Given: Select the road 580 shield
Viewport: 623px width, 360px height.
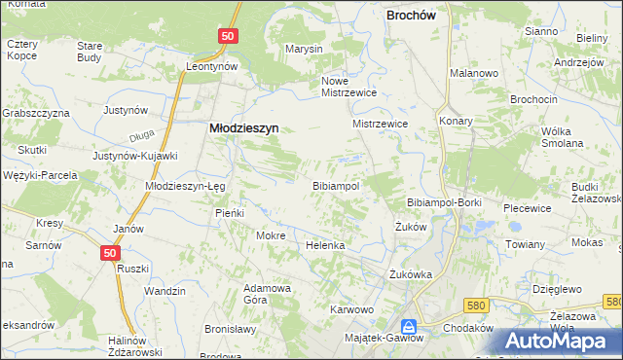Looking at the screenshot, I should pyautogui.click(x=475, y=306).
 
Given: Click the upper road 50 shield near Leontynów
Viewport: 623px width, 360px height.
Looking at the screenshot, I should pyautogui.click(x=227, y=35).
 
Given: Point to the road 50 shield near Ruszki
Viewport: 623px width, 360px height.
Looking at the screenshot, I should pyautogui.click(x=110, y=252).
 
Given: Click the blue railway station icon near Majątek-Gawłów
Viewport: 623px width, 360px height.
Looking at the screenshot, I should pyautogui.click(x=410, y=327).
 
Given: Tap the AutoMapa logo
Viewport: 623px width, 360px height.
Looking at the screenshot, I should pyautogui.click(x=564, y=340).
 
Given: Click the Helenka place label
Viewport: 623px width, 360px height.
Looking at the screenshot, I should pyautogui.click(x=326, y=245).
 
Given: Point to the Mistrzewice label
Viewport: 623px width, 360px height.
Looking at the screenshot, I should pyautogui.click(x=380, y=125).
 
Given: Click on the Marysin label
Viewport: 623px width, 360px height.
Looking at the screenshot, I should pyautogui.click(x=304, y=49).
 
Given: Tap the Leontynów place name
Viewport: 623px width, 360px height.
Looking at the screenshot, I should pyautogui.click(x=213, y=66).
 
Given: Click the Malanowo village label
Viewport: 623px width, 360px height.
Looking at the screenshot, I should pyautogui.click(x=474, y=73).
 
